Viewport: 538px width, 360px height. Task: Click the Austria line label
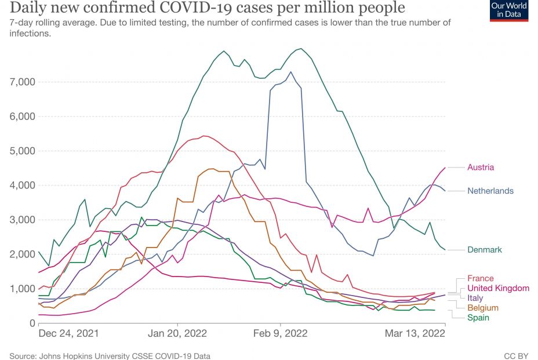pyautogui.click(x=481, y=168)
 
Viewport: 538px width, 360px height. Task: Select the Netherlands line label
pyautogui.click(x=490, y=191)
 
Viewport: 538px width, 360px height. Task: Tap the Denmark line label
pyautogui.click(x=485, y=250)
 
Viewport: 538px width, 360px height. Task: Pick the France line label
pyautogui.click(x=481, y=278)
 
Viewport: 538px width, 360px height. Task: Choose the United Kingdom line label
pyautogui.click(x=498, y=288)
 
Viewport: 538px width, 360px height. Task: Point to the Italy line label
pyautogui.click(x=476, y=298)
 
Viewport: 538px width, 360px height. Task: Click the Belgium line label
pyautogui.click(x=482, y=308)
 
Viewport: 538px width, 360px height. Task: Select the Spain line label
pyautogui.click(x=478, y=318)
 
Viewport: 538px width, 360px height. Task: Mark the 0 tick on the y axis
pyautogui.click(x=33, y=323)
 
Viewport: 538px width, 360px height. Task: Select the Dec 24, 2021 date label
pyautogui.click(x=68, y=334)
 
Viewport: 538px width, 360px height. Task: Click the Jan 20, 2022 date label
pyautogui.click(x=177, y=334)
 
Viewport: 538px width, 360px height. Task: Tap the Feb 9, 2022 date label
pyautogui.click(x=281, y=334)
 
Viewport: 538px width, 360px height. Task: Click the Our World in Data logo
pyautogui.click(x=509, y=10)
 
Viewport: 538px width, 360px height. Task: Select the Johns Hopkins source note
pyautogui.click(x=110, y=355)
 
